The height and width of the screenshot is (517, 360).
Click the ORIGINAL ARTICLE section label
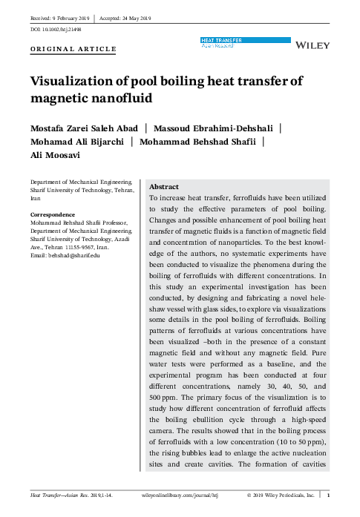72,49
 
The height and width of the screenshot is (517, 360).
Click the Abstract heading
164,188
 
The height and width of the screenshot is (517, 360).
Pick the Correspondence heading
53,214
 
